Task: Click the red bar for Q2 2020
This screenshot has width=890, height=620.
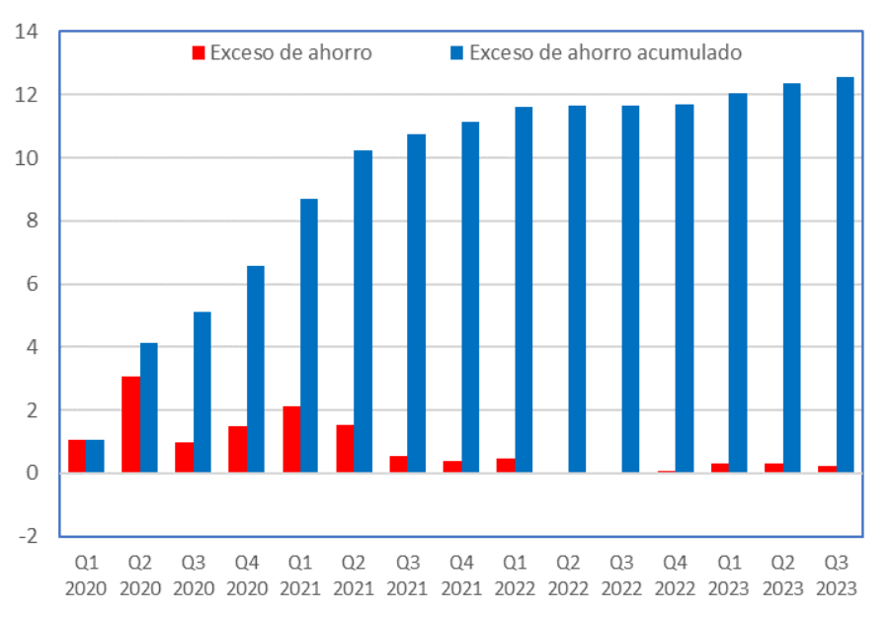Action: (130, 425)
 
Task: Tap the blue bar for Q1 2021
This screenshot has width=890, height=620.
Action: (309, 336)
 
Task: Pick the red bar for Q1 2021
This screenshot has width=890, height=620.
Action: (291, 439)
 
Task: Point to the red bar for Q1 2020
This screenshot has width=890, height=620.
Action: (77, 456)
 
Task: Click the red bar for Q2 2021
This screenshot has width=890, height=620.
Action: (345, 449)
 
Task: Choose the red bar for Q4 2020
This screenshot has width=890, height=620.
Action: (238, 450)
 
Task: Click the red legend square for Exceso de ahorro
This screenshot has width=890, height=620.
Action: (199, 53)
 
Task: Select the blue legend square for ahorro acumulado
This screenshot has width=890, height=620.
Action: (457, 53)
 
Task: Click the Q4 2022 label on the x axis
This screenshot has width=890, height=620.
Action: (676, 575)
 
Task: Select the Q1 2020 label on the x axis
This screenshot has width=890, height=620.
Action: (86, 575)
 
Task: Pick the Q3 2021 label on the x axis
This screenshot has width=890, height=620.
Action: (408, 575)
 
